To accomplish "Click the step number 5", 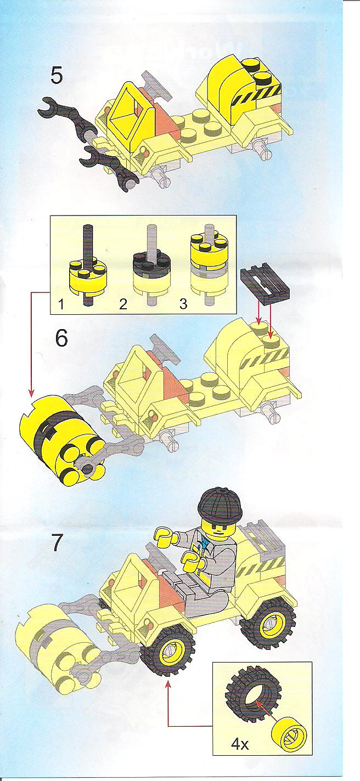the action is pos(57,76).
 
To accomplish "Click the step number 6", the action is pos(61,338).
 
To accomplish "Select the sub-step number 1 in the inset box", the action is pos(61,305).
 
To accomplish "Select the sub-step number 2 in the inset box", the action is pos(122,305).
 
